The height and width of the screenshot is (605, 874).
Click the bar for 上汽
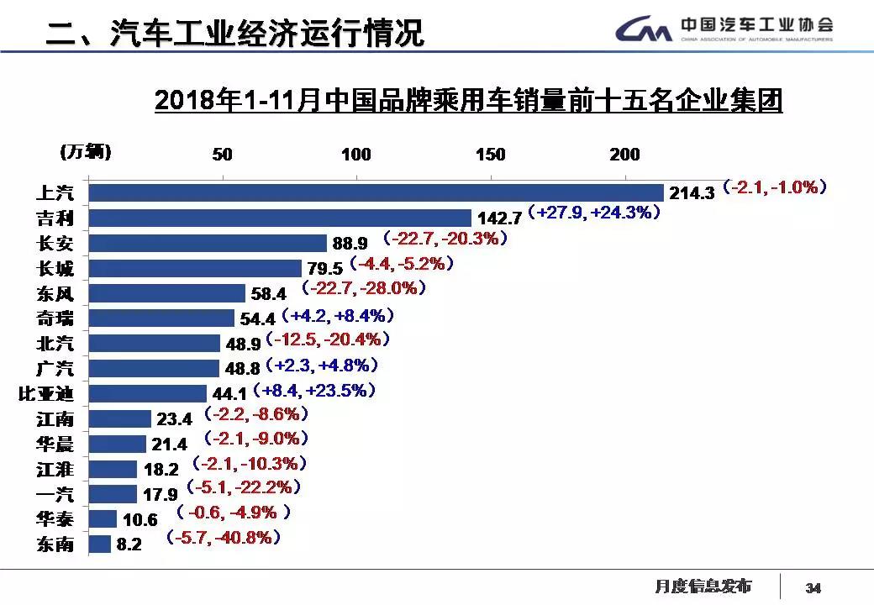coord(376,192)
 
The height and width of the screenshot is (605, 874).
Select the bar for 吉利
coord(280,218)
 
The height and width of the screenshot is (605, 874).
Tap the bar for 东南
coord(100,544)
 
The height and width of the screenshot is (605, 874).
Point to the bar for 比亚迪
coord(148,392)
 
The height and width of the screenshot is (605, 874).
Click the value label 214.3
coord(692,192)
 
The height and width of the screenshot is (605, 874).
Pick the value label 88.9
coord(350,244)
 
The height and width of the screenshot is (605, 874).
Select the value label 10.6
coord(140,520)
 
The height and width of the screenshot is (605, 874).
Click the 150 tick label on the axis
coord(491,155)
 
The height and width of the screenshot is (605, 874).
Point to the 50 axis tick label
coord(222,155)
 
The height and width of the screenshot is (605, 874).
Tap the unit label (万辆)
coord(86,152)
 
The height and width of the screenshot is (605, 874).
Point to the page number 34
coord(813,587)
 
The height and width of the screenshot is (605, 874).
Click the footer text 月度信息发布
coord(703,586)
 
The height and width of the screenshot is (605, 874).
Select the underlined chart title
coord(468,101)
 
